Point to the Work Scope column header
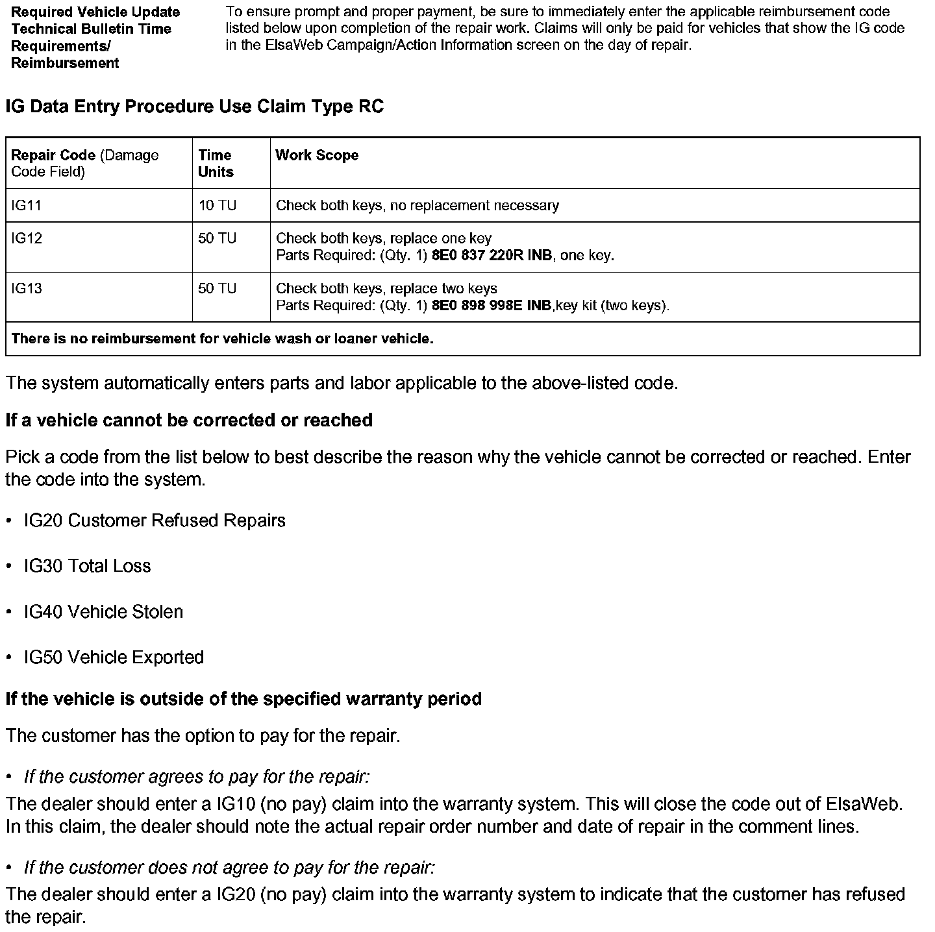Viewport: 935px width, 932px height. pyautogui.click(x=317, y=155)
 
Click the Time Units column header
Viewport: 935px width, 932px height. pyautogui.click(x=216, y=164)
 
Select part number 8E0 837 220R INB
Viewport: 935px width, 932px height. pyautogui.click(x=492, y=256)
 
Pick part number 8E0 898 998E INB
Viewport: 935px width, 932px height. pyautogui.click(x=491, y=306)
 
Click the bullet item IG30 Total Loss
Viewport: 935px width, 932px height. pyautogui.click(x=88, y=566)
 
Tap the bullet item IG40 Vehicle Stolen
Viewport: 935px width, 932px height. pyautogui.click(x=104, y=612)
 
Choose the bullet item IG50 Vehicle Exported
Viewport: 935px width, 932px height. pyautogui.click(x=114, y=657)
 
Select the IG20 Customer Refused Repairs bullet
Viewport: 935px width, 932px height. pyautogui.click(x=155, y=521)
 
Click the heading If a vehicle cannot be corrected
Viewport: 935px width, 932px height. pyautogui.click(x=189, y=420)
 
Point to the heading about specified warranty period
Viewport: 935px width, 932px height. pyautogui.click(x=243, y=699)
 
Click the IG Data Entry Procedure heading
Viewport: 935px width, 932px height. pyautogui.click(x=194, y=106)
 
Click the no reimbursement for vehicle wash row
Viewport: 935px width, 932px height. pyautogui.click(x=223, y=339)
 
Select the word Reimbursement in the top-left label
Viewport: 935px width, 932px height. pyautogui.click(x=65, y=63)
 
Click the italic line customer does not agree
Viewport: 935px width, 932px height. pyautogui.click(x=229, y=868)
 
